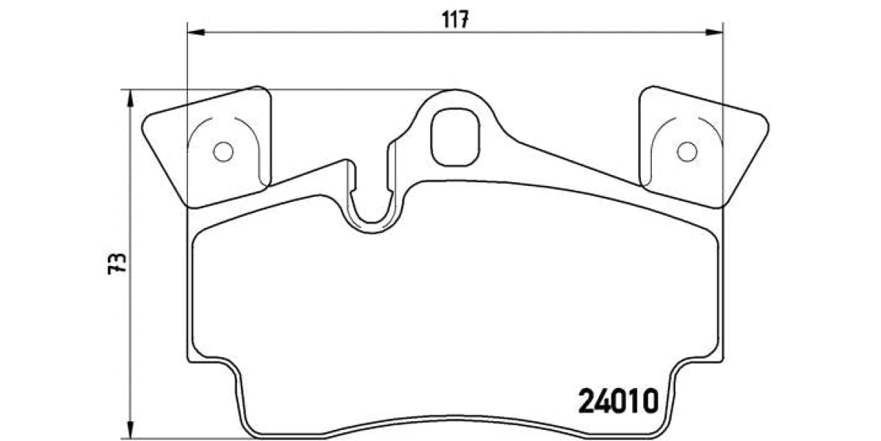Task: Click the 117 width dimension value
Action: (x=455, y=20)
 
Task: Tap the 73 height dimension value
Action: (x=117, y=264)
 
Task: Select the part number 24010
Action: (x=617, y=401)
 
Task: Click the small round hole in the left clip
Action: (x=222, y=151)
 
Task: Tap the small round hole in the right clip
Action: (x=686, y=151)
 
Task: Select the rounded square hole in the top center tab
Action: (x=455, y=137)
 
